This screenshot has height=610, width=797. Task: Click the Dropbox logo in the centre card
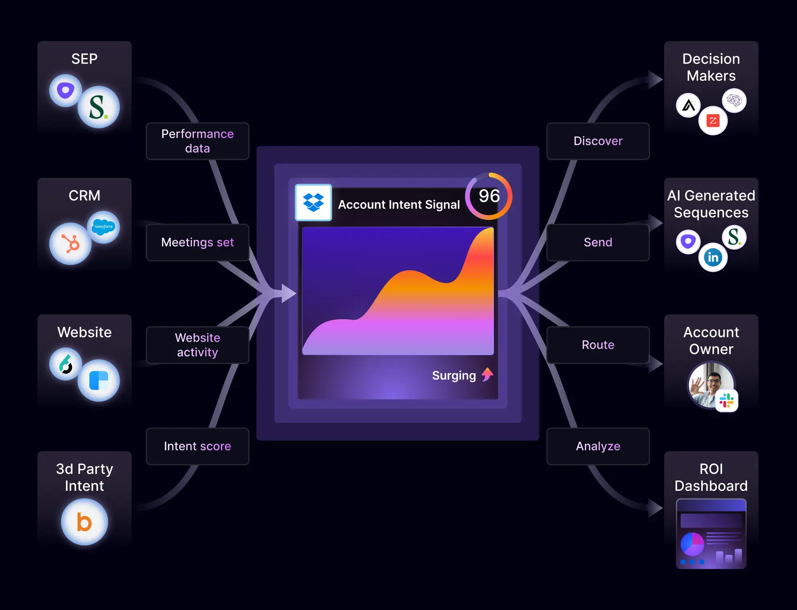coord(313,203)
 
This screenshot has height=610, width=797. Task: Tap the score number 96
coord(489,196)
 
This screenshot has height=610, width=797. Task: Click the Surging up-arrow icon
coord(487,374)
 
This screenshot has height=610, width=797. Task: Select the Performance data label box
coord(197,141)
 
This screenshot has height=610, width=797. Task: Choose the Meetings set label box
coord(197,242)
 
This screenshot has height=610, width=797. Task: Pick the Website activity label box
coord(197,345)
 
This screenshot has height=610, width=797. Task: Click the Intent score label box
coord(197,446)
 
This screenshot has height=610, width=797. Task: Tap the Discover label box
coord(598,141)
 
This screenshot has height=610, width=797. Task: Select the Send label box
coord(598,242)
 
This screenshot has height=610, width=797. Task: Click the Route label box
coord(598,345)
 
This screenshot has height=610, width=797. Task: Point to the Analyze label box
coord(598,446)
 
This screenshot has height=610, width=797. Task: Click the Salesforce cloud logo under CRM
coord(103,227)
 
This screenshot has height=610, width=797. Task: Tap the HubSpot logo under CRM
coord(70,244)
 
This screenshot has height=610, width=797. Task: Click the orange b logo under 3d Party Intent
coord(85,522)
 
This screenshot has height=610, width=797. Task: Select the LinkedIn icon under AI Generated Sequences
coord(713,257)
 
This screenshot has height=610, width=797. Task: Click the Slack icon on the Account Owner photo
coord(727,400)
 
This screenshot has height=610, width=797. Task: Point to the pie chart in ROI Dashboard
coord(692,544)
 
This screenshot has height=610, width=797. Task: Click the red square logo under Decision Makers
coord(713,120)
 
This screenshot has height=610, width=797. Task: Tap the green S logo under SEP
coord(98,107)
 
